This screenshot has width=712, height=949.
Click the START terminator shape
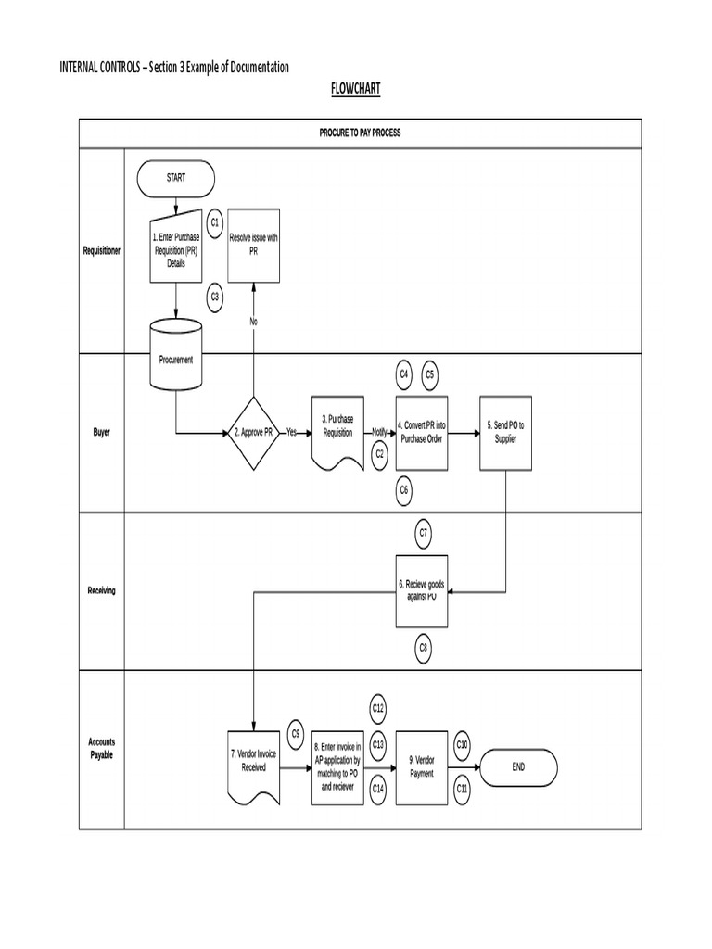[175, 177]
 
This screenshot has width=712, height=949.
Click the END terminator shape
[517, 766]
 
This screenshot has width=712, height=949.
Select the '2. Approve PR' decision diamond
[252, 432]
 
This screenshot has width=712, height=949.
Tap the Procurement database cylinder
[175, 357]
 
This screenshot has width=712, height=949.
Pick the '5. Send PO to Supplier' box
[505, 432]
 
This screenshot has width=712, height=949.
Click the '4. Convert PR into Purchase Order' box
[422, 432]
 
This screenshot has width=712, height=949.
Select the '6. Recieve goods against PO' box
[422, 589]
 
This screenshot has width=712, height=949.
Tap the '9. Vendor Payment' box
[422, 766]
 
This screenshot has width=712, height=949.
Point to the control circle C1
[214, 222]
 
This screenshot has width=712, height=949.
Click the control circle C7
[423, 532]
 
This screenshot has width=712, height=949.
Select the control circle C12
[378, 709]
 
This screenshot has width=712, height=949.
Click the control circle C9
[296, 733]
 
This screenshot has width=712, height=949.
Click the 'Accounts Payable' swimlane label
[102, 748]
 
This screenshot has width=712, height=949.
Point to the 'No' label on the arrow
[253, 321]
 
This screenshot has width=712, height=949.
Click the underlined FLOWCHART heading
[356, 88]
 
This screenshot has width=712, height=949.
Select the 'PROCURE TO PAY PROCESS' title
[361, 133]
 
